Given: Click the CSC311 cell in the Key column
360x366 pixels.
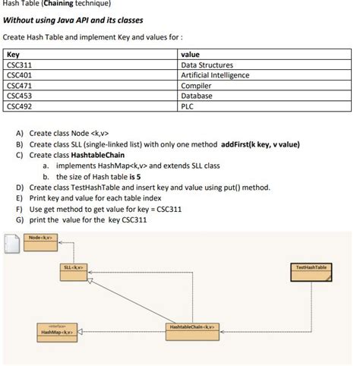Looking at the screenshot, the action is pos(18,65).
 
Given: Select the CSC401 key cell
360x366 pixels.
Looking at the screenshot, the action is pos(18,76).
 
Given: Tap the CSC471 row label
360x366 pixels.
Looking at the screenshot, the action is pos(18,86).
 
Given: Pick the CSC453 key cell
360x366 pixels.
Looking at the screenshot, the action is pos(18,96).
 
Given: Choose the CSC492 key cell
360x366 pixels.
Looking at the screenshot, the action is pos(18,107).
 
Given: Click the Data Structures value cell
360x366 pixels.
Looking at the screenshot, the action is pos(207,65).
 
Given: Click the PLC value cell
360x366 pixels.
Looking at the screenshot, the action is pos(188,107).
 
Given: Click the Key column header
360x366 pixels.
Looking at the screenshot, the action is pos(13,55).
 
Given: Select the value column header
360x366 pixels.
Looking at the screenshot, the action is pos(190,55).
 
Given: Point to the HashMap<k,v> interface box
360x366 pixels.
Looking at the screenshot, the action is pos(56,331).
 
